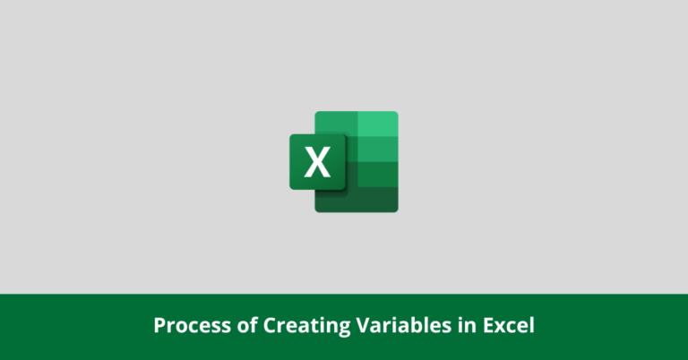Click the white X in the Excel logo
(x=317, y=162)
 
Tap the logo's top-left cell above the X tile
(x=336, y=123)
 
